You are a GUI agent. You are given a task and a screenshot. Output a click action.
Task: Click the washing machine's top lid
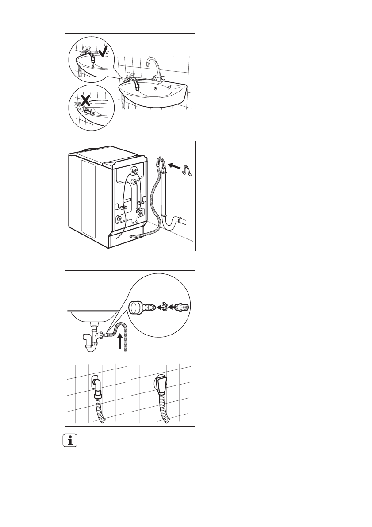(111, 153)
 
